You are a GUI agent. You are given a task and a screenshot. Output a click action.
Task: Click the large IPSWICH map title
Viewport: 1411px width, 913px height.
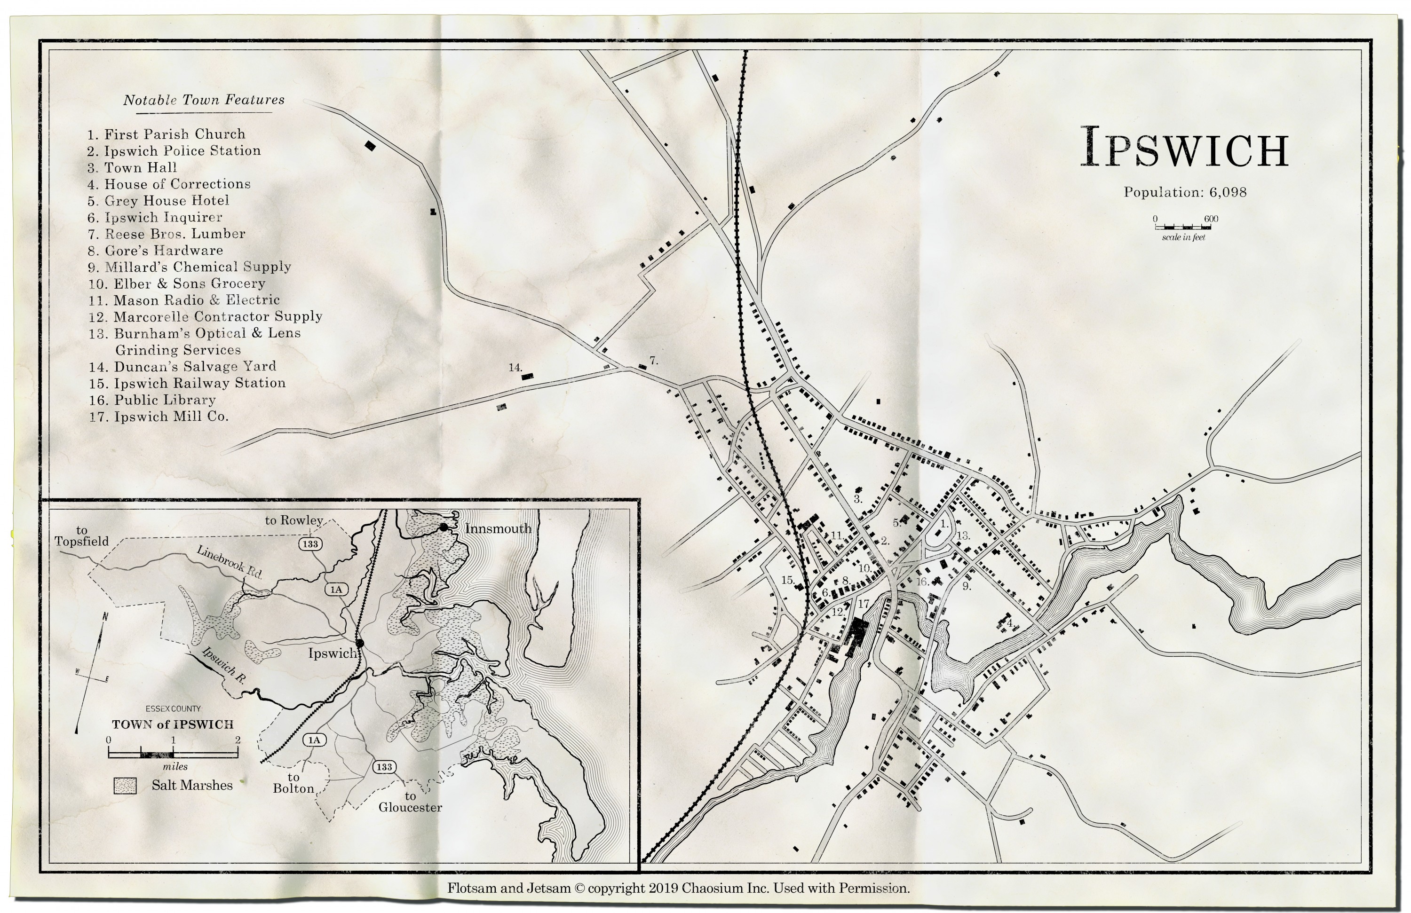1184,147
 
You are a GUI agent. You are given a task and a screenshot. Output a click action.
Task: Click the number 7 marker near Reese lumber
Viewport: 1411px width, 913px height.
653,360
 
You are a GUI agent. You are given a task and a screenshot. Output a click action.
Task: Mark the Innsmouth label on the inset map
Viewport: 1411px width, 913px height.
498,528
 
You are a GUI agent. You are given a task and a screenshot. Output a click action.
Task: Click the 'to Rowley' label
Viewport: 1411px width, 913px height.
293,520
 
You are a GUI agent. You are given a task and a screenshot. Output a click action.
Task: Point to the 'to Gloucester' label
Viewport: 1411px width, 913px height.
410,802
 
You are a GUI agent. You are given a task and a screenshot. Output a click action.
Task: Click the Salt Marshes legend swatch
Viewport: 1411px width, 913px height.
125,786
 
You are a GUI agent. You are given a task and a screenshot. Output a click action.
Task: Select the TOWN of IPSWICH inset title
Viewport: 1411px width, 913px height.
173,724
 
